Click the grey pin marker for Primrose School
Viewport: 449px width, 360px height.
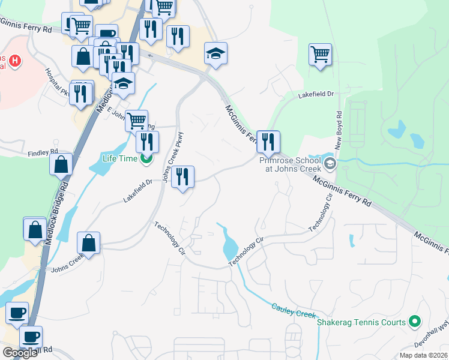[x=330, y=163]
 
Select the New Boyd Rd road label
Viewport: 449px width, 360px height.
[x=339, y=131]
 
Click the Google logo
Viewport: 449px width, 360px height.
[x=19, y=352]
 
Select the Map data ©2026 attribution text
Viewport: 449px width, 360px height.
[x=423, y=355]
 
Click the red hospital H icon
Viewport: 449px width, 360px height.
[x=16, y=61]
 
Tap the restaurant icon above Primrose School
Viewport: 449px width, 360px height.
[x=268, y=142]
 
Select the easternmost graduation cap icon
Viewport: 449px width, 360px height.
[x=215, y=53]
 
